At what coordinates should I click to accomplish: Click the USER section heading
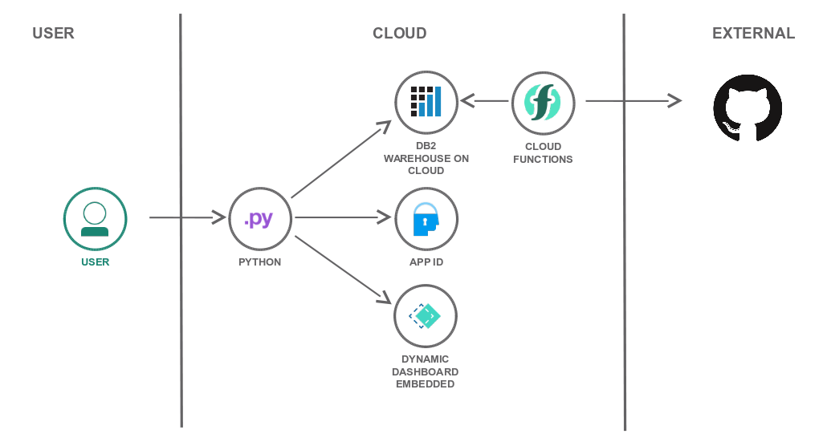[x=53, y=34]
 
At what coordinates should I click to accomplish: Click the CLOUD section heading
[x=399, y=34]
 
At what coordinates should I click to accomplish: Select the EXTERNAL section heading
[x=753, y=34]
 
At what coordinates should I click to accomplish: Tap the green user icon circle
[x=96, y=219]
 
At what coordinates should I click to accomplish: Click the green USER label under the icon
[x=96, y=262]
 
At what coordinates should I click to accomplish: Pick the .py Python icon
[x=260, y=219]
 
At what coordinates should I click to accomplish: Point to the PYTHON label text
[x=260, y=262]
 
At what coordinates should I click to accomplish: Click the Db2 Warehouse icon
[x=426, y=102]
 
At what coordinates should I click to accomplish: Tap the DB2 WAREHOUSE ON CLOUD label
[x=426, y=159]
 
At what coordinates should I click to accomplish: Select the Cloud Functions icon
[x=543, y=102]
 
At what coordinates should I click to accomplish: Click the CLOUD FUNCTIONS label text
[x=543, y=153]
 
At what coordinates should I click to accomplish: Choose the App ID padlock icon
[x=426, y=219]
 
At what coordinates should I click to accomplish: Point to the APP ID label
[x=426, y=262]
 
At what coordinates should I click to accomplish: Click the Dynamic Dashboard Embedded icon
[x=426, y=315]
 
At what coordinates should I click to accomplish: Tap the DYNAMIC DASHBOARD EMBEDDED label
[x=426, y=371]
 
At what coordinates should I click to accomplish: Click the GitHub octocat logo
[x=748, y=107]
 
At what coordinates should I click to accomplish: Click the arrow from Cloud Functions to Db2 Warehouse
[x=485, y=101]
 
